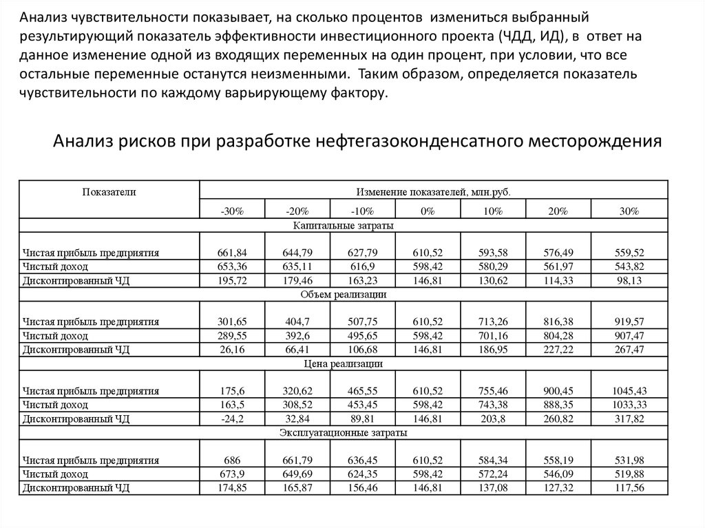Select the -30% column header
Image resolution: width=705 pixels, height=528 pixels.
(232, 211)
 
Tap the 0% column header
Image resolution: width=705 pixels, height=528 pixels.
(428, 211)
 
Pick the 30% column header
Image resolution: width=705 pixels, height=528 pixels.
(629, 211)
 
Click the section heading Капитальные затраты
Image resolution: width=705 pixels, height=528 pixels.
(344, 225)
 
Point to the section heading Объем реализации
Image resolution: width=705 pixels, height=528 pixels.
(344, 294)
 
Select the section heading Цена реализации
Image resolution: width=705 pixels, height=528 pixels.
(344, 363)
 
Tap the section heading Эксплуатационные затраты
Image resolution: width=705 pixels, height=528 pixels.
(344, 433)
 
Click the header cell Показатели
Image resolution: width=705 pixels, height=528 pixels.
(109, 193)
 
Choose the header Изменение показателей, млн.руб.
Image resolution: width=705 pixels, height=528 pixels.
(433, 193)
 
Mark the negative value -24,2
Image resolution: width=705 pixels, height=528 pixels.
(232, 418)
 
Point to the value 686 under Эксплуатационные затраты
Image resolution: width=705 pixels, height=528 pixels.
(232, 460)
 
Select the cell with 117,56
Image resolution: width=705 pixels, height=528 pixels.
(629, 487)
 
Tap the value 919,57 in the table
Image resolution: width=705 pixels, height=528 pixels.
(629, 321)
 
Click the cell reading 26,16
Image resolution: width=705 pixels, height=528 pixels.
(232, 349)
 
